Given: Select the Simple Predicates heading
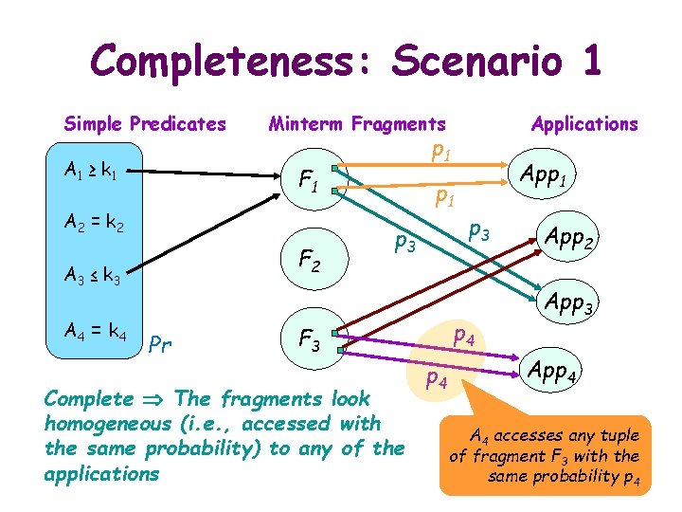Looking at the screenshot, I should coord(145,123).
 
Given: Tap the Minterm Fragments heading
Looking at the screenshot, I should coord(357,123).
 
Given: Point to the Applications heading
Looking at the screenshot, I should coord(584,123).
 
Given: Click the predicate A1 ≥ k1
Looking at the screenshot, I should coord(91,171).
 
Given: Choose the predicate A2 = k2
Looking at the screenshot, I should coord(93,226).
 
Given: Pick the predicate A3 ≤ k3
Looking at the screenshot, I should coord(93,276).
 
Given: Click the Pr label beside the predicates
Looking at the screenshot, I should coord(161,343).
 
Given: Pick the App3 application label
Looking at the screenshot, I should coord(570,304).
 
